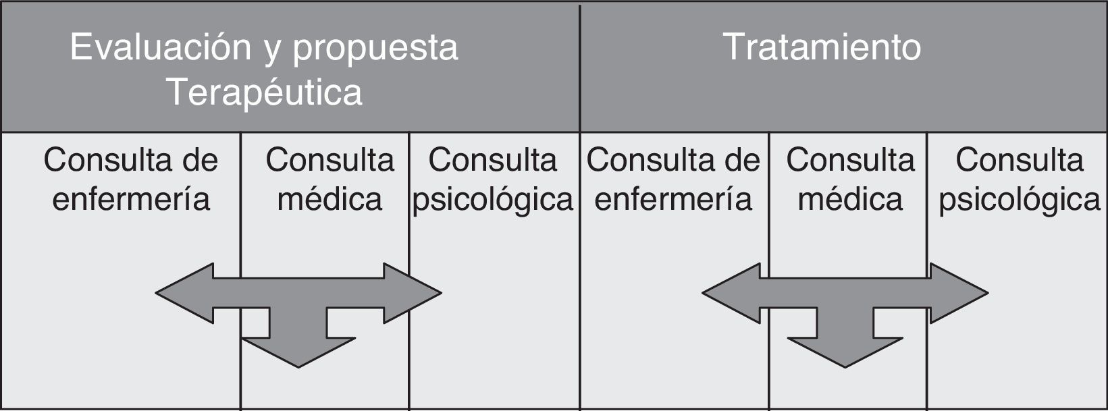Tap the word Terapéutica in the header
(265, 92)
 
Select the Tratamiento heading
(822, 47)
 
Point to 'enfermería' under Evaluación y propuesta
(131, 199)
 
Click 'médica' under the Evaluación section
(329, 199)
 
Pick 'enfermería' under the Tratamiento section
(673, 199)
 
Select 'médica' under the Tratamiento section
(850, 199)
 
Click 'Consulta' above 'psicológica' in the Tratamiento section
(1020, 161)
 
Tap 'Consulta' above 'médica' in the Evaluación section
(329, 161)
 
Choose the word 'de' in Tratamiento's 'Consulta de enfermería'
(741, 161)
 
